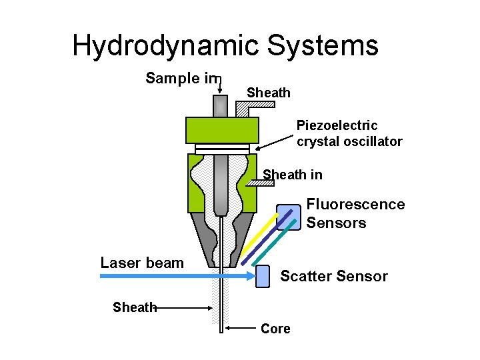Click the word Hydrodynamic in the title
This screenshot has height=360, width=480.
click(166, 47)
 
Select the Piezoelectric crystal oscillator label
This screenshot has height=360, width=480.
click(349, 133)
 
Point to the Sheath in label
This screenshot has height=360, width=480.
click(293, 175)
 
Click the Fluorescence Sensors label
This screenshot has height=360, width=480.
click(355, 213)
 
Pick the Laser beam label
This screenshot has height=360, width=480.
click(142, 263)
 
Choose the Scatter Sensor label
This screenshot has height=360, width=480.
click(333, 276)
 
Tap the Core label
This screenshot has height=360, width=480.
click(275, 329)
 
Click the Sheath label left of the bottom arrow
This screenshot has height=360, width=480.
click(134, 307)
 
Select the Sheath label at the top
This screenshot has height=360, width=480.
click(269, 93)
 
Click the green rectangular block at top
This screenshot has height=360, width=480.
click(222, 130)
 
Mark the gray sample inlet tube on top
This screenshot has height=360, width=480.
click(219, 106)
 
